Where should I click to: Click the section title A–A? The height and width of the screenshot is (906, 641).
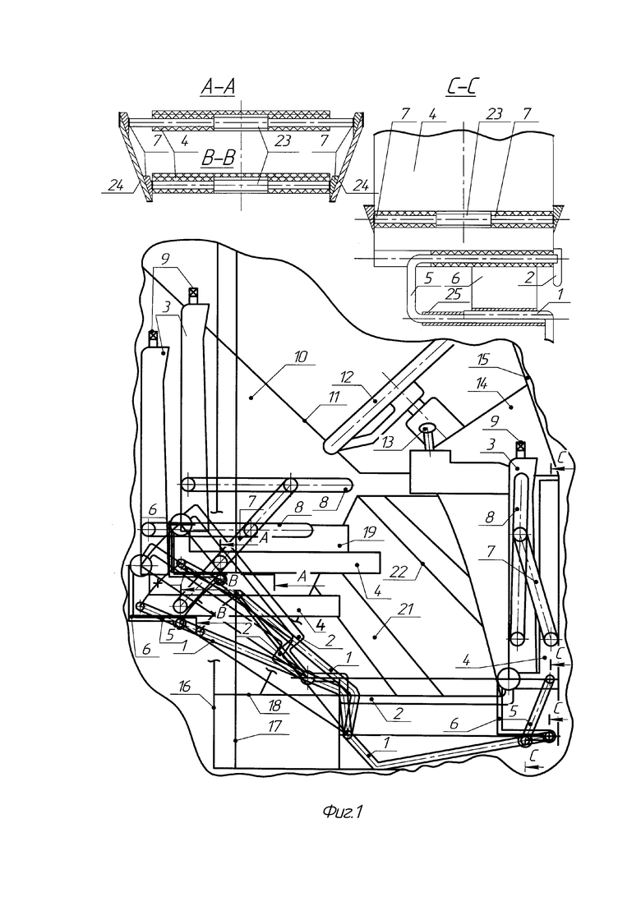(x=217, y=87)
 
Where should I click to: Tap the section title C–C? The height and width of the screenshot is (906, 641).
(x=464, y=87)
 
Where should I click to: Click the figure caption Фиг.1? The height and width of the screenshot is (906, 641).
(x=343, y=812)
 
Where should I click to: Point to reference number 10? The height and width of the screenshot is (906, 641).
(x=301, y=356)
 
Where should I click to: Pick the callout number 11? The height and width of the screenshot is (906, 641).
(x=334, y=397)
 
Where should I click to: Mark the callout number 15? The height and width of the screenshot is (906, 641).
(x=483, y=360)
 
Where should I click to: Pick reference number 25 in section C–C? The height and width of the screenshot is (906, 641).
(x=454, y=294)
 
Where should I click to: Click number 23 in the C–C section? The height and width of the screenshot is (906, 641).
(x=494, y=114)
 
